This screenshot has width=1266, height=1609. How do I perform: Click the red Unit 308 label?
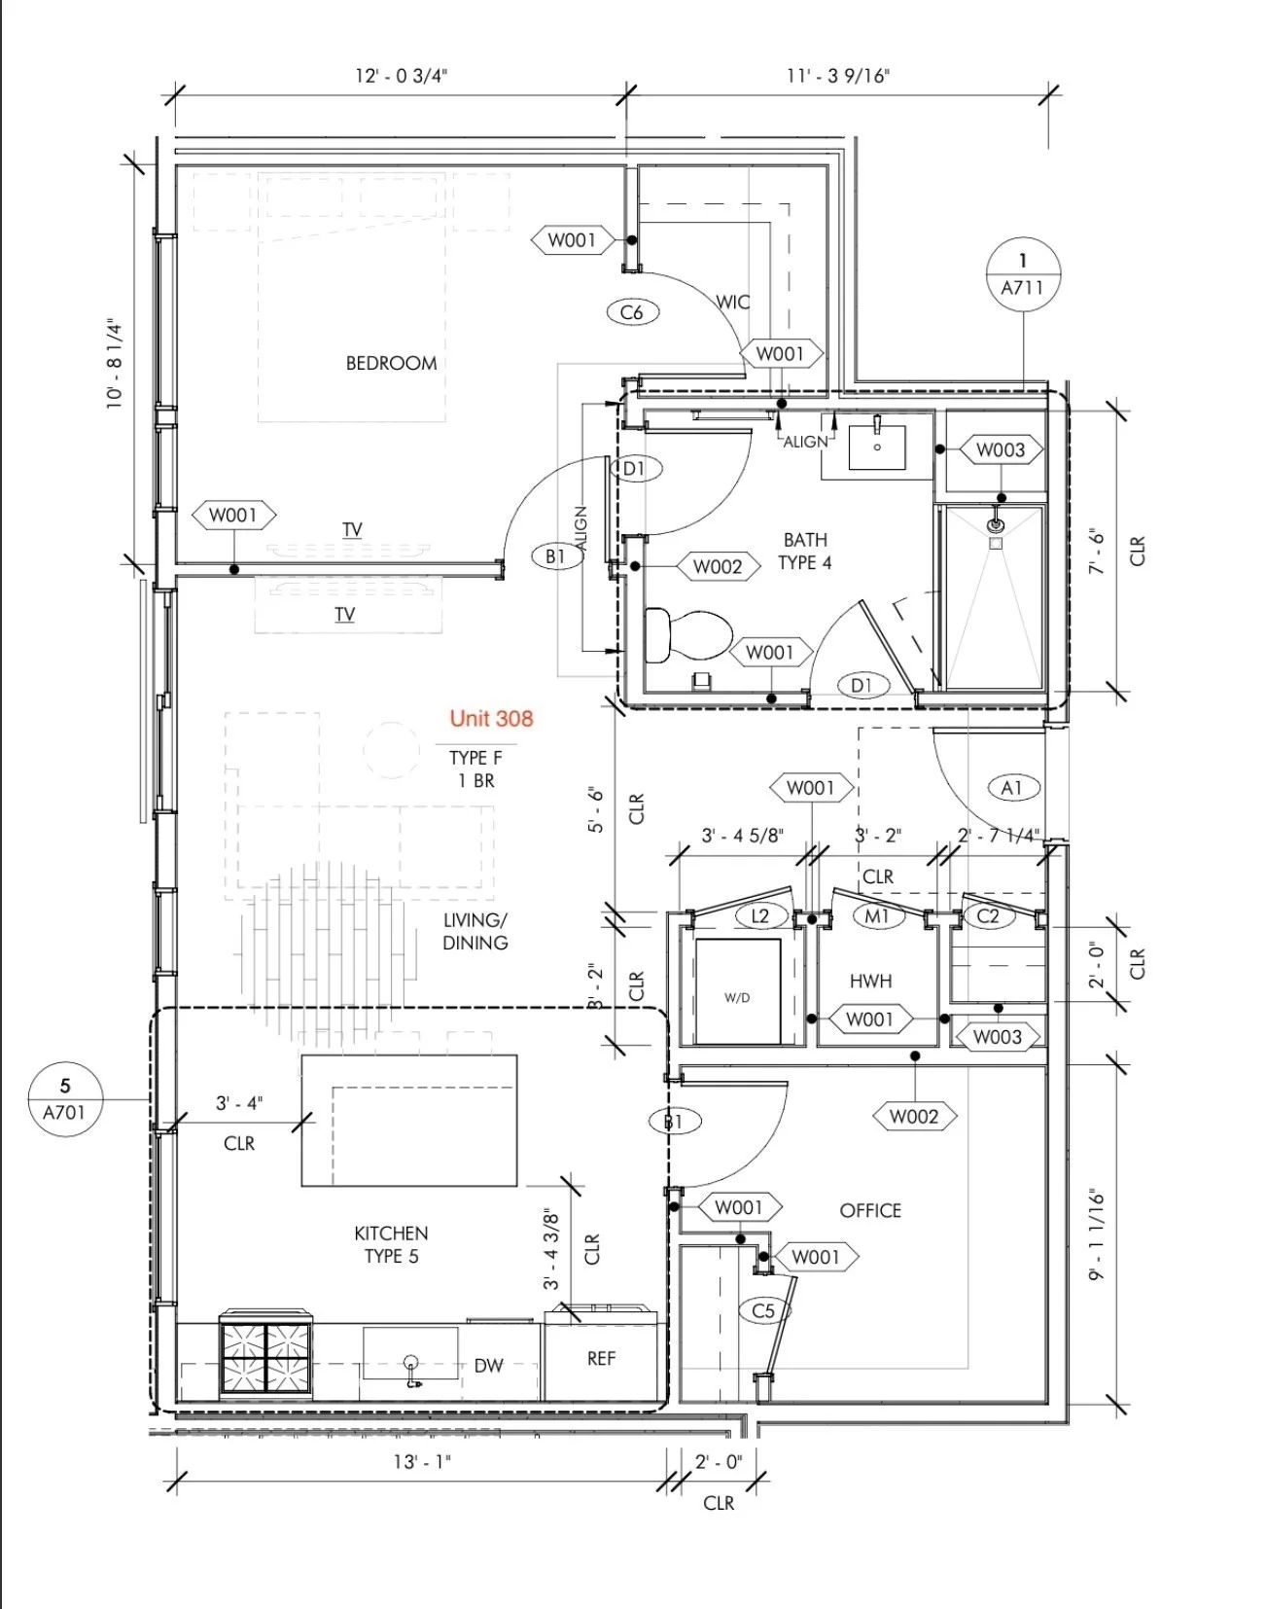(491, 719)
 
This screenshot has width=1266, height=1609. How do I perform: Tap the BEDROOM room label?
(391, 363)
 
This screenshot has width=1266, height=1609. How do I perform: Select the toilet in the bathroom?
(686, 634)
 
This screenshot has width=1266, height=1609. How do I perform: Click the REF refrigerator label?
(601, 1358)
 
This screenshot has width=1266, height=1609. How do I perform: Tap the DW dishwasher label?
(489, 1366)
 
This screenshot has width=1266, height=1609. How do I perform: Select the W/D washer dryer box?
(737, 992)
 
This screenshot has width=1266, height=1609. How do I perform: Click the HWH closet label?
(870, 982)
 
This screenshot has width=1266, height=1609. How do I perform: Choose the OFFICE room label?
(870, 1210)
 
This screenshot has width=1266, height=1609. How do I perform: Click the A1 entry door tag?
(1012, 787)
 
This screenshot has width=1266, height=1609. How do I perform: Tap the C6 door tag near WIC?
(632, 312)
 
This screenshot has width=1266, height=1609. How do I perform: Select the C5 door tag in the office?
(764, 1310)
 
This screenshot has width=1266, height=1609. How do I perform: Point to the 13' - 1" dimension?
(422, 1461)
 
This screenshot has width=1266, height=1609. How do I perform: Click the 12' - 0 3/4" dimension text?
(401, 76)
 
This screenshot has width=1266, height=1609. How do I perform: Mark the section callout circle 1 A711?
(1023, 274)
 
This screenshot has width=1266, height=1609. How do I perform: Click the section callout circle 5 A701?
(65, 1099)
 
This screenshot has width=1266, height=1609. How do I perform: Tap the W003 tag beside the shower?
(1001, 449)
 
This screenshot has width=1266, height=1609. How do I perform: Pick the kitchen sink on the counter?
(410, 1358)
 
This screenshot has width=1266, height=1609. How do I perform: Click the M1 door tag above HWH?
(877, 915)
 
